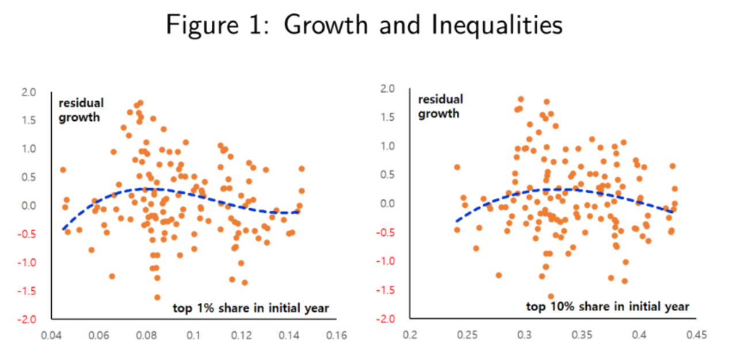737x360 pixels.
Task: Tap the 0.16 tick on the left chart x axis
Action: [337, 335]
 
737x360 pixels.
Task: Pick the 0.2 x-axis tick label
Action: [410, 334]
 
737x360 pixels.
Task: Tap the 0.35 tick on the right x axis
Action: [582, 334]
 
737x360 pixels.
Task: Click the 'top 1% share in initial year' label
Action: [251, 308]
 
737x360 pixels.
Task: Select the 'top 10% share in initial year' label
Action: [608, 306]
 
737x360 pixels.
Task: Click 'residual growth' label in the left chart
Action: [81, 110]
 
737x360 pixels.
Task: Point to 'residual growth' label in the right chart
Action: [440, 106]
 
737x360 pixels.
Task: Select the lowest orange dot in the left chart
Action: [157, 297]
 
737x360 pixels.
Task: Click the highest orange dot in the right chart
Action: [521, 99]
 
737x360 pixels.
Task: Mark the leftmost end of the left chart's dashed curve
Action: [63, 229]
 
